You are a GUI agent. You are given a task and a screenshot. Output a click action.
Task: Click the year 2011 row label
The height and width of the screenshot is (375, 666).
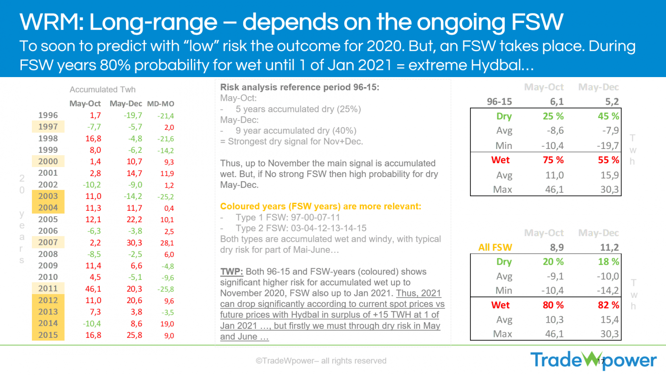coord(48,288)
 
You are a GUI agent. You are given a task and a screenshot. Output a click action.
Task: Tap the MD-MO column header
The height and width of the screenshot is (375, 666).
coord(160,104)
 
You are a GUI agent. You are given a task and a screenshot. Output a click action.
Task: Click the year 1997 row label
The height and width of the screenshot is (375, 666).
coord(48,127)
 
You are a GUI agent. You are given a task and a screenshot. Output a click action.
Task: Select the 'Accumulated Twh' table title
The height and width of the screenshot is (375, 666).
coord(102,89)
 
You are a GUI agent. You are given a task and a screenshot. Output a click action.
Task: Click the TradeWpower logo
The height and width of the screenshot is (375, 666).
coord(593,360)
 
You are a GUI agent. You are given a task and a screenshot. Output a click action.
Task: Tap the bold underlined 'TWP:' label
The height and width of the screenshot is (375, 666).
coord(231,272)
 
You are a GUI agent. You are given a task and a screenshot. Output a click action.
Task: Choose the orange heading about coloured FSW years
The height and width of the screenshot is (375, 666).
coord(321,207)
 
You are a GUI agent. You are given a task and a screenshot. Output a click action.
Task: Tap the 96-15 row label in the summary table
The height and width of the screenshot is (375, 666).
coord(499,102)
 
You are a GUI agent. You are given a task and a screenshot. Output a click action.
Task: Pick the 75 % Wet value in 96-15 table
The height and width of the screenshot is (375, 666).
coord(553,160)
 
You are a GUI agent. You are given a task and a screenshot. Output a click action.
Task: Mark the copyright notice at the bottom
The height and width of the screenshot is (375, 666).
coord(321,361)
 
